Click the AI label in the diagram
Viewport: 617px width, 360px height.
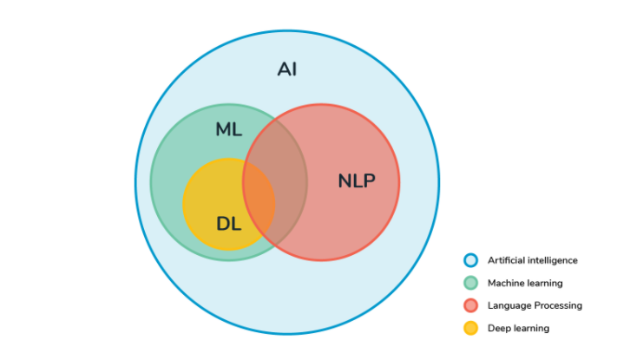287,69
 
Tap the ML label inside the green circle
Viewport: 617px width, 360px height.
228,129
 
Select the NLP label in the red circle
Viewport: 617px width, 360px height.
357,181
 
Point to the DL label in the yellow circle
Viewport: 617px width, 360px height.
228,224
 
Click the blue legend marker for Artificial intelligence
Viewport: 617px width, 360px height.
470,260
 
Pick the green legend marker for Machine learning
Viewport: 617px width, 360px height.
470,283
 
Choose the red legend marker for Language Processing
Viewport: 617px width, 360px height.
470,305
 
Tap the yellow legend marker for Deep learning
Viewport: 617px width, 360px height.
470,328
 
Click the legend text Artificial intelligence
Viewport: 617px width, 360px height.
533,260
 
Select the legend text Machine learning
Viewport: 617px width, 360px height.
525,284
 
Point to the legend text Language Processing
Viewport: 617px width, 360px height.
535,305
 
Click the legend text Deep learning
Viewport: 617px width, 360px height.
518,329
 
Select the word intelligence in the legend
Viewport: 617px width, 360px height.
553,260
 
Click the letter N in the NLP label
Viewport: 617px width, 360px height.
345,181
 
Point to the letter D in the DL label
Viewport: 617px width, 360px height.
223,224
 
